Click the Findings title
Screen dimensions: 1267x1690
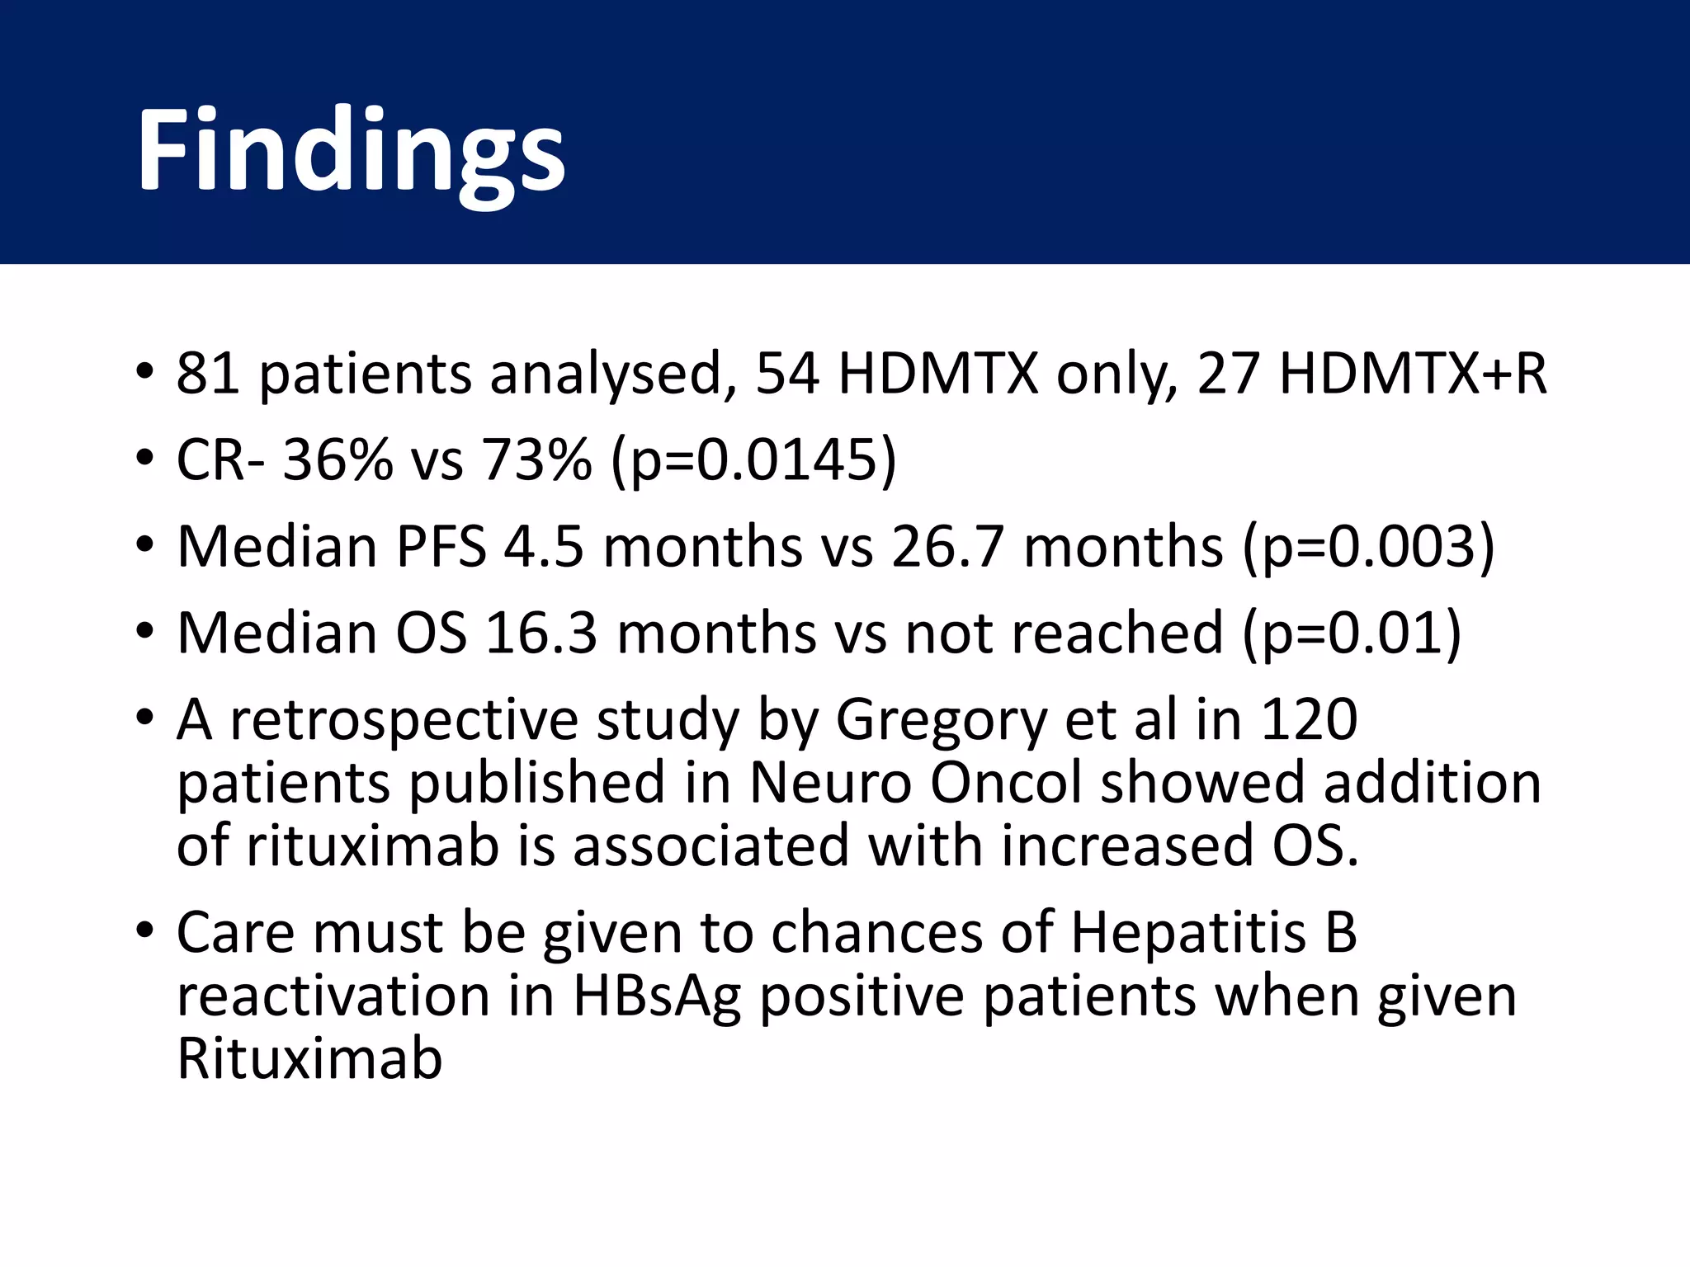pos(351,153)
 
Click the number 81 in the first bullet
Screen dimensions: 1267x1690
pos(207,374)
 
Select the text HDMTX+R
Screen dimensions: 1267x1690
pos(1412,374)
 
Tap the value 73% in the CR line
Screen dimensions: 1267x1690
pos(536,459)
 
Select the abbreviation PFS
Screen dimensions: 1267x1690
pos(441,547)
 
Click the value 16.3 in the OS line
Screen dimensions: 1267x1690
pos(541,633)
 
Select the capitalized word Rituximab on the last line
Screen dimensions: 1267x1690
pos(309,1059)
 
